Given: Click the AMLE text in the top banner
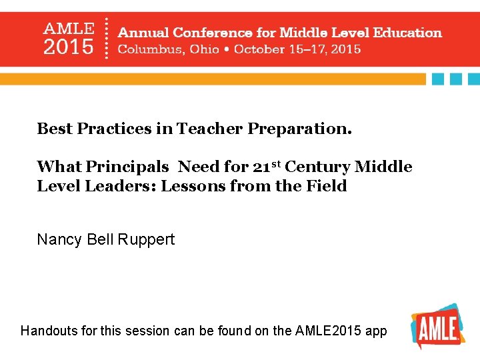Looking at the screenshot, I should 69,29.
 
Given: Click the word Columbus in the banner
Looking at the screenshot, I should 144,49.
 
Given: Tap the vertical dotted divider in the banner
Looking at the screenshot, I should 107,39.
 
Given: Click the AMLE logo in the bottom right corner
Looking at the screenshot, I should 437,327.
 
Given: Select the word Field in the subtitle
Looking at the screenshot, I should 329,186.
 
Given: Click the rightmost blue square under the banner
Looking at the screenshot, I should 474,79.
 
